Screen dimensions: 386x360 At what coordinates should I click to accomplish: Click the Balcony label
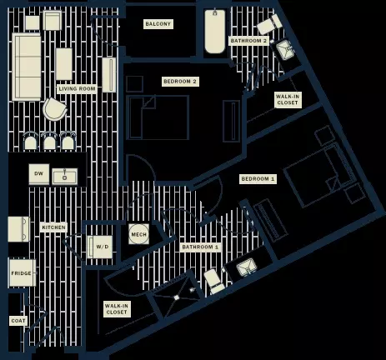pyautogui.click(x=158, y=24)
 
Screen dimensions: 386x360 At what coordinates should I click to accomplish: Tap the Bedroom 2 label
pyautogui.click(x=180, y=82)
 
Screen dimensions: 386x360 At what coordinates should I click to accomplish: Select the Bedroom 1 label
pyautogui.click(x=258, y=179)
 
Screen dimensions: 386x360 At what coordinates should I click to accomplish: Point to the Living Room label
pyautogui.click(x=77, y=89)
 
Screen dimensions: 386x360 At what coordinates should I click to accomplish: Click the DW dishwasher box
pyautogui.click(x=39, y=174)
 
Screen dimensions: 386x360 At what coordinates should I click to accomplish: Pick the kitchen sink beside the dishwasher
pyautogui.click(x=65, y=176)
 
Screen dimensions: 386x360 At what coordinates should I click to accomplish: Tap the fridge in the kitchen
pyautogui.click(x=23, y=273)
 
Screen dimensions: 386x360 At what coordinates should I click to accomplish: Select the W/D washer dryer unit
pyautogui.click(x=100, y=247)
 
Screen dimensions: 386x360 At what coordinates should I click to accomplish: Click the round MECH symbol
pyautogui.click(x=138, y=234)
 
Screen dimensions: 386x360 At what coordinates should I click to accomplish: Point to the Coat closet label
pyautogui.click(x=18, y=321)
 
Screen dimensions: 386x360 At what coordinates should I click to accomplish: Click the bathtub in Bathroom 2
pyautogui.click(x=215, y=32)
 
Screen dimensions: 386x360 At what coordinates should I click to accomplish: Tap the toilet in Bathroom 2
pyautogui.click(x=269, y=24)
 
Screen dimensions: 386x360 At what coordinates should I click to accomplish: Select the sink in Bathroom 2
pyautogui.click(x=283, y=50)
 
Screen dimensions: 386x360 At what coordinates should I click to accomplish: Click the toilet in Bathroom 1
pyautogui.click(x=213, y=281)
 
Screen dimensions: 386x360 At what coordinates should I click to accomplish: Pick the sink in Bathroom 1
pyautogui.click(x=247, y=267)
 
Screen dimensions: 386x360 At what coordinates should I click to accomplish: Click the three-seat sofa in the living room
pyautogui.click(x=27, y=67)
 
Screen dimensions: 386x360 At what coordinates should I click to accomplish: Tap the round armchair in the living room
pyautogui.click(x=55, y=109)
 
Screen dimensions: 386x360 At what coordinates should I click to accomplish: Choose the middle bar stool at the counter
pyautogui.click(x=49, y=142)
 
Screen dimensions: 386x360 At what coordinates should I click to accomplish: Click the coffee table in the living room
pyautogui.click(x=64, y=64)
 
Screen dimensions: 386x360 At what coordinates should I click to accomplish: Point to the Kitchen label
pyautogui.click(x=53, y=227)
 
